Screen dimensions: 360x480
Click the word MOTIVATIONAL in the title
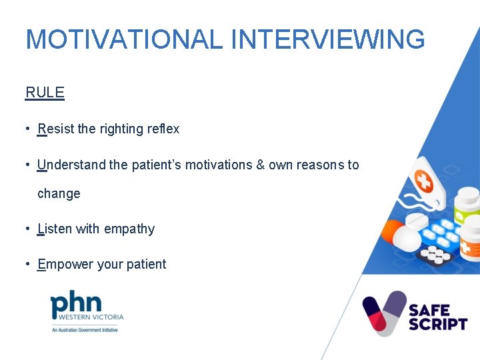click(123, 39)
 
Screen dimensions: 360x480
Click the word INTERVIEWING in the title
click(327, 39)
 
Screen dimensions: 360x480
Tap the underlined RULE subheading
click(45, 93)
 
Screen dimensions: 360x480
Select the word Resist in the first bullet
click(56, 129)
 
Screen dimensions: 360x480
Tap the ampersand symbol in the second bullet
click(260, 165)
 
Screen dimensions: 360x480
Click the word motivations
click(219, 165)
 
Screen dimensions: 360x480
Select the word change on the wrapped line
click(59, 194)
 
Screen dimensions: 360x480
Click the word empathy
click(129, 229)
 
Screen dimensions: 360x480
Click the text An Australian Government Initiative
click(85, 329)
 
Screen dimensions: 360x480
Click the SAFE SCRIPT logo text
click(437, 317)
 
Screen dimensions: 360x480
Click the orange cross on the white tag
click(424, 180)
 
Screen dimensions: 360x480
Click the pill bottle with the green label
click(466, 207)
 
